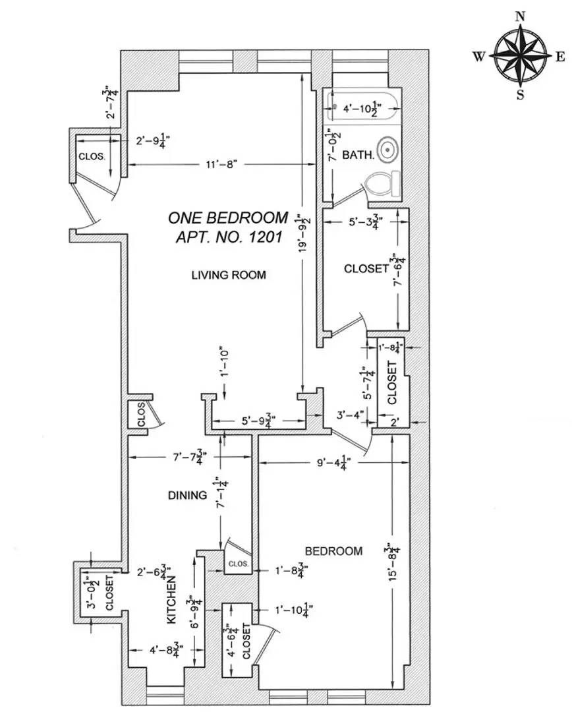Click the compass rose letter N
pyautogui.click(x=520, y=16)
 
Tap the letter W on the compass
pyautogui.click(x=479, y=57)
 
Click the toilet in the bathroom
pyautogui.click(x=382, y=184)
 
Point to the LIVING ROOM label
pyautogui.click(x=229, y=275)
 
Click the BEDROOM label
pyautogui.click(x=333, y=550)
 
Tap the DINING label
pyautogui.click(x=188, y=495)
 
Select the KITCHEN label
pyautogui.click(x=171, y=601)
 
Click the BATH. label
pyautogui.click(x=358, y=155)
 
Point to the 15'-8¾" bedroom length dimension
pyautogui.click(x=393, y=561)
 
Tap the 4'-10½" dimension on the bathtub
pyautogui.click(x=362, y=109)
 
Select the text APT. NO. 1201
pyautogui.click(x=229, y=237)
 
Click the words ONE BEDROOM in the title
pyautogui.click(x=228, y=218)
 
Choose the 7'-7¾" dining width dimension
pyautogui.click(x=189, y=456)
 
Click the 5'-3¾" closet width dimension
pyautogui.click(x=366, y=222)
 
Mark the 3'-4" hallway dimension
pyautogui.click(x=349, y=415)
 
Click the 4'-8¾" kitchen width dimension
pyautogui.click(x=166, y=650)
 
